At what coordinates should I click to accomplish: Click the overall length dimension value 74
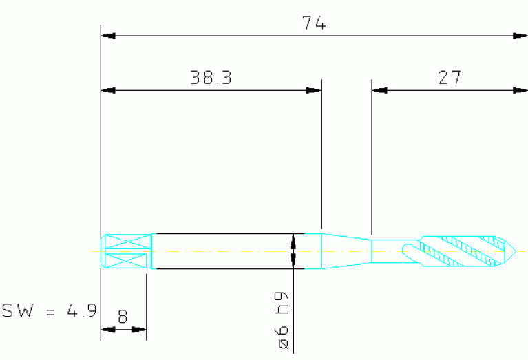(x=314, y=23)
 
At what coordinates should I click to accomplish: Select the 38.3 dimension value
(x=211, y=78)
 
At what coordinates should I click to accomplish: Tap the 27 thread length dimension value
(x=450, y=78)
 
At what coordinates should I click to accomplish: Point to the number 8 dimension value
(x=123, y=317)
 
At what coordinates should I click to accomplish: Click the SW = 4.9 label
(x=50, y=310)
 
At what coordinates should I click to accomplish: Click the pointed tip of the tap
(x=516, y=251)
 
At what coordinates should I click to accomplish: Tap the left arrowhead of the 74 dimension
(x=108, y=36)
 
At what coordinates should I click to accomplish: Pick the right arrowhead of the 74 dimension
(x=520, y=36)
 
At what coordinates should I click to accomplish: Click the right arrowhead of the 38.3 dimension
(x=314, y=90)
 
